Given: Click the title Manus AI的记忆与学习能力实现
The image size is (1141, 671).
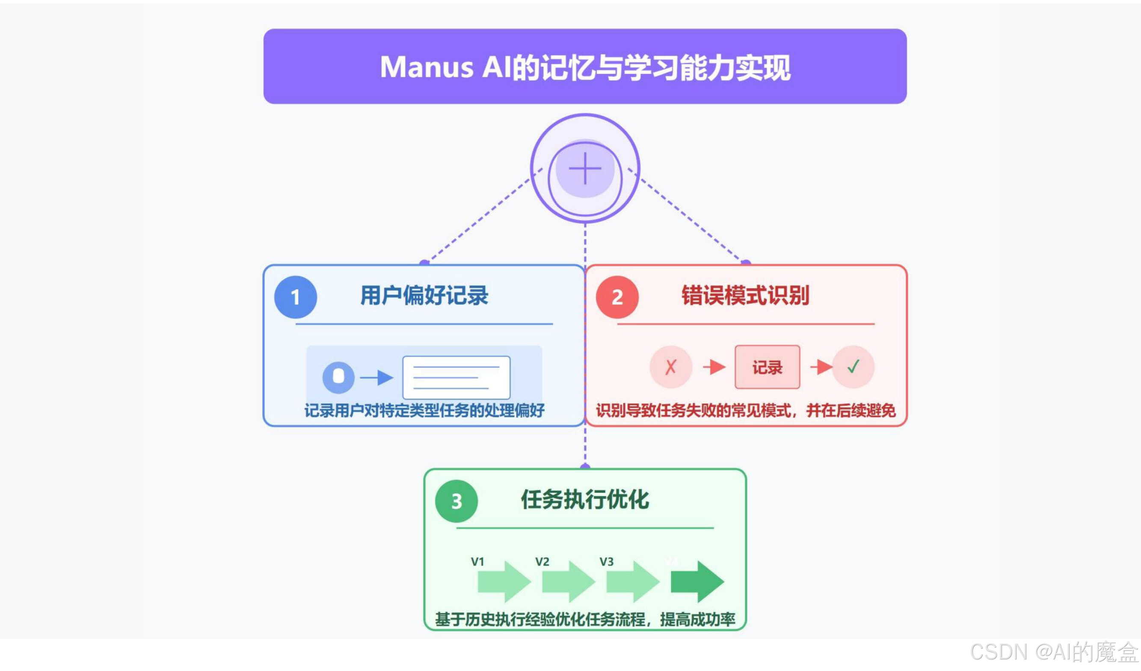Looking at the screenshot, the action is [x=585, y=67].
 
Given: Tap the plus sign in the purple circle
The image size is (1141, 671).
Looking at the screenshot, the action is [x=585, y=168].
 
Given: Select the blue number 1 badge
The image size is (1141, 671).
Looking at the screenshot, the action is [x=295, y=297].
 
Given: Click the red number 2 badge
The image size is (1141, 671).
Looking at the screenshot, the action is [x=617, y=297].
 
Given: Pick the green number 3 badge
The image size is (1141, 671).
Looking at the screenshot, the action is [x=456, y=501].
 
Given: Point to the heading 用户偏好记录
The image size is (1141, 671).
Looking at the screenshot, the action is [x=424, y=295].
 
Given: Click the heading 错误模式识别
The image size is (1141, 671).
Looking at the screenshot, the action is [x=745, y=295].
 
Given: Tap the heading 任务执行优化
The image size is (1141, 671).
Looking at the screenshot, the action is [x=585, y=499].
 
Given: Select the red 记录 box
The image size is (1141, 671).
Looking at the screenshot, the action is [x=767, y=367].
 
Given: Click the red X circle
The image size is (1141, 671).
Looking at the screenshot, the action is [x=670, y=367].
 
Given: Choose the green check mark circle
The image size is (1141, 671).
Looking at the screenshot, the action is [x=853, y=367].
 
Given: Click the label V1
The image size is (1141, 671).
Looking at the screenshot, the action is [x=478, y=562].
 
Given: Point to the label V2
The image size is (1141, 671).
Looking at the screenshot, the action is [x=542, y=562].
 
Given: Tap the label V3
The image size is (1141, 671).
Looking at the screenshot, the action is [x=606, y=562].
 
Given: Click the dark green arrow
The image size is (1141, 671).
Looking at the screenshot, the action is [x=697, y=582].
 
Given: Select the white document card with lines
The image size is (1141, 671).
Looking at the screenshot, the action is [x=456, y=377].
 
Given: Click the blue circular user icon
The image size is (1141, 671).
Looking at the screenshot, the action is [x=338, y=377].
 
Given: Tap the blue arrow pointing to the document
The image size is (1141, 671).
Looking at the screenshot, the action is [x=377, y=377].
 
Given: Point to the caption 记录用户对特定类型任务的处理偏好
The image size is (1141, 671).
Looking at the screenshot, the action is [x=424, y=411].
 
